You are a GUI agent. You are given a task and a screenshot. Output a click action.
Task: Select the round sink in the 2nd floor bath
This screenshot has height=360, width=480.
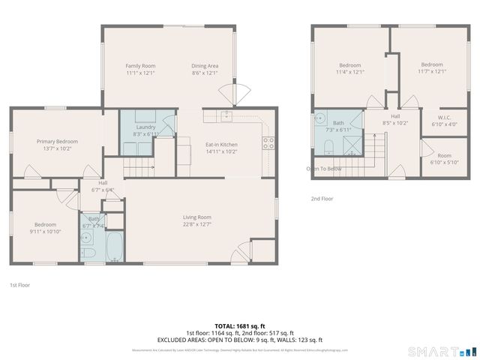point(320,118)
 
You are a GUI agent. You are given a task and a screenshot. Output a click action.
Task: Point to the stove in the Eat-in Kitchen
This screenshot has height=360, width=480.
point(268,142)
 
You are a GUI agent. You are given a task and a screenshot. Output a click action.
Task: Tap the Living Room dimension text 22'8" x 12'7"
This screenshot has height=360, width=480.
point(197,224)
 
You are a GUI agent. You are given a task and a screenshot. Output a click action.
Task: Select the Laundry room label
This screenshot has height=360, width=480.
point(145,127)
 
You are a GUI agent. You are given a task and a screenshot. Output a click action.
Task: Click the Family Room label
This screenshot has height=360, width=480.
point(139,66)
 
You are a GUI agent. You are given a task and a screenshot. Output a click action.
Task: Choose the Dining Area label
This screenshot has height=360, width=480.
point(205,66)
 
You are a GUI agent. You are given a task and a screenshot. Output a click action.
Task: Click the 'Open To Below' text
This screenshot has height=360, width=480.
point(324,169)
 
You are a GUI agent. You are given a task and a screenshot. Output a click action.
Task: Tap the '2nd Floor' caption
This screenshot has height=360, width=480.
point(322,199)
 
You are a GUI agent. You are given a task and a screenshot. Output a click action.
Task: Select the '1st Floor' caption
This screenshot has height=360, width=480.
point(20,285)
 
